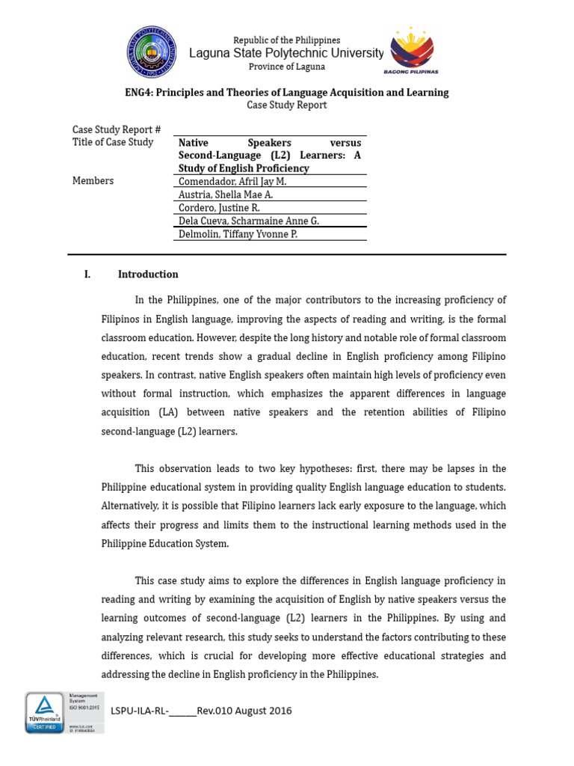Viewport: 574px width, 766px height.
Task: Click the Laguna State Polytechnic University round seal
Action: [152, 51]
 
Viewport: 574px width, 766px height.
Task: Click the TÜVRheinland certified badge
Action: [44, 712]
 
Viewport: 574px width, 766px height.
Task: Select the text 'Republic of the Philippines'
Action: [286, 40]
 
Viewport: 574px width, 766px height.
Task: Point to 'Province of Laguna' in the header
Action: [286, 67]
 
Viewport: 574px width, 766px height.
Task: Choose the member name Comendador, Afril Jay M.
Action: [232, 181]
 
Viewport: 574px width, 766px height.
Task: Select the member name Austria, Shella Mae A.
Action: [226, 194]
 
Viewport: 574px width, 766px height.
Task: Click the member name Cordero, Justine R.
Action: [219, 208]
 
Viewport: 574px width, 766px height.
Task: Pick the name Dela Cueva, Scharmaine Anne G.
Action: [247, 221]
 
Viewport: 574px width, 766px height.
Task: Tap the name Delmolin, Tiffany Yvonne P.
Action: [238, 234]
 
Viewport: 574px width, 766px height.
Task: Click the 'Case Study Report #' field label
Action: [117, 129]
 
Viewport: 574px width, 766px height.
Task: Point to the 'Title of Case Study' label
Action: [113, 142]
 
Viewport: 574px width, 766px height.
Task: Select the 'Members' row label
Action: [93, 181]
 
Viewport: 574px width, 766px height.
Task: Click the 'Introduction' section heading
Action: [148, 275]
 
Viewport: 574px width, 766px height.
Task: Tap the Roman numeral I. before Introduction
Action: [87, 275]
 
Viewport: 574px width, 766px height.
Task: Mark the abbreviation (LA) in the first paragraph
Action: [166, 412]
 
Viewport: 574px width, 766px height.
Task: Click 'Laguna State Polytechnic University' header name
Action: [286, 53]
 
